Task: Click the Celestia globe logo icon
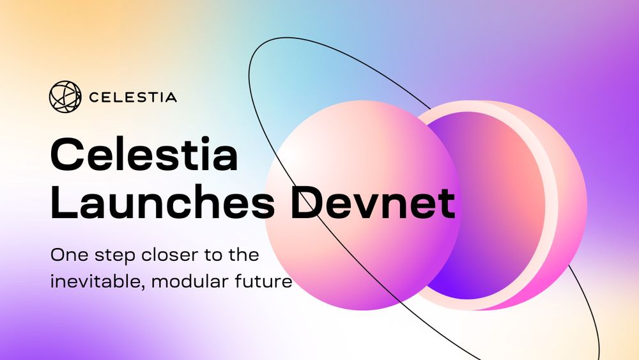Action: pyautogui.click(x=65, y=97)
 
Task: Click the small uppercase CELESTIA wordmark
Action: pyautogui.click(x=133, y=98)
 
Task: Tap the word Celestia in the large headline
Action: pyautogui.click(x=144, y=156)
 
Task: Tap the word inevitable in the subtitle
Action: pyautogui.click(x=93, y=280)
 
